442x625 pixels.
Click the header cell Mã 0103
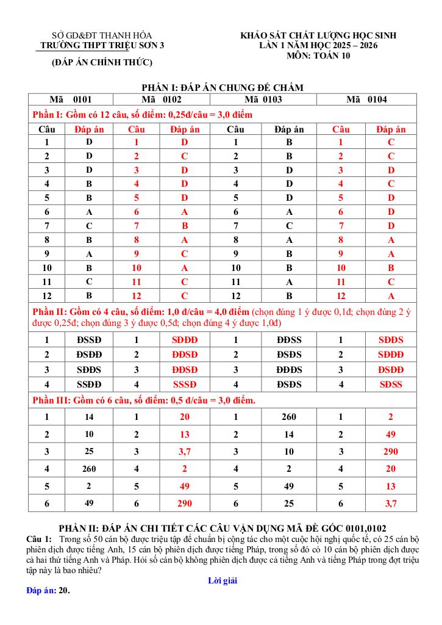point(263,99)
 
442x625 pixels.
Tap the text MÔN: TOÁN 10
point(318,56)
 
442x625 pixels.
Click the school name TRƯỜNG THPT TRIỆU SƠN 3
point(102,45)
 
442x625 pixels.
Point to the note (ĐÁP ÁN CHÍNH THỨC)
point(102,62)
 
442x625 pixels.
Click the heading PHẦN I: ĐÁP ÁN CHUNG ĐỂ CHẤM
point(223,88)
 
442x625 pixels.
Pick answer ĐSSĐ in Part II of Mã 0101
point(90,340)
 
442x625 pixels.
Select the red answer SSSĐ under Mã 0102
point(185,385)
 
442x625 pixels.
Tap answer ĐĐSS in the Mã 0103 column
point(289,340)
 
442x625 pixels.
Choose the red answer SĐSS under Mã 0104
point(391,385)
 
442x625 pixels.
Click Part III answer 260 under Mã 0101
point(90,469)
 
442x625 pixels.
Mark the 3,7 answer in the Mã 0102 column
point(185,452)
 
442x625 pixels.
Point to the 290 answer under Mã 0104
point(391,452)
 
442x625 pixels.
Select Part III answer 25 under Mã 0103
point(289,504)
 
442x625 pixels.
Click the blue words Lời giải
point(222,580)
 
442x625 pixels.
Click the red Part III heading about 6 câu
point(143,400)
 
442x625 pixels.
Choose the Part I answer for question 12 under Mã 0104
point(391,296)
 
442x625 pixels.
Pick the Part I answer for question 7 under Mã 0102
point(185,226)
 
